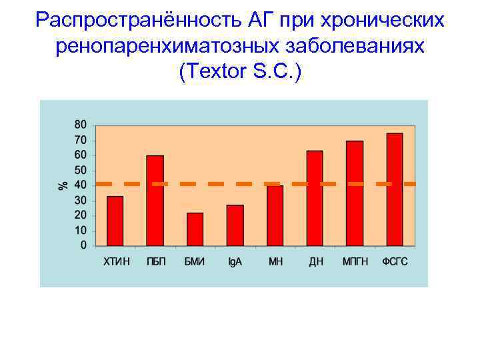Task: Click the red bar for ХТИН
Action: coord(115,221)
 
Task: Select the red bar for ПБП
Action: coord(155,200)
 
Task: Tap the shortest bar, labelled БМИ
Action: coord(195,229)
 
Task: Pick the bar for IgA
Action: coord(235,225)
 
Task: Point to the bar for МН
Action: coord(275,215)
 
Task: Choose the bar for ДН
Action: coord(315,198)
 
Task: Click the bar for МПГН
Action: coord(355,193)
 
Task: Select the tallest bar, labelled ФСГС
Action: coord(395,189)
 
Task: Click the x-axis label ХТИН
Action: coord(115,262)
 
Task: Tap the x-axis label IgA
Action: coord(235,262)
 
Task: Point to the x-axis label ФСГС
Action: coord(395,262)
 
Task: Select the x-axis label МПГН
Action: coord(355,262)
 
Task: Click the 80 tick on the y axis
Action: coord(80,125)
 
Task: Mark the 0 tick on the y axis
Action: coord(83,245)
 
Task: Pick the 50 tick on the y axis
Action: coord(80,170)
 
